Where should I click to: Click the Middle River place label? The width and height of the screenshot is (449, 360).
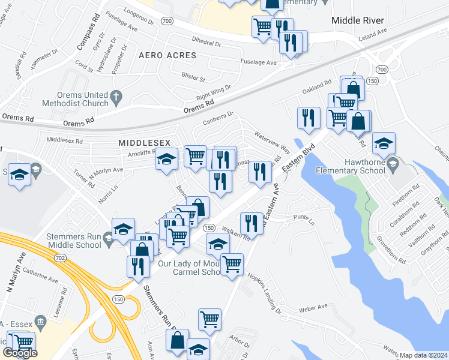[358, 20]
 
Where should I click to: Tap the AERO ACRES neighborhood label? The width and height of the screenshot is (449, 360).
[167, 55]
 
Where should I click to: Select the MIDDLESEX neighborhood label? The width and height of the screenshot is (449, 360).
[145, 142]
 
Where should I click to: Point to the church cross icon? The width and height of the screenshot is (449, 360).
[116, 95]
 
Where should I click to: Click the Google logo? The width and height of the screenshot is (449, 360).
[20, 353]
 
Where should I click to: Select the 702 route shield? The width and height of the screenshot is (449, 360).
[59, 241]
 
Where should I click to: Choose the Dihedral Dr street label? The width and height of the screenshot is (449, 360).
[206, 44]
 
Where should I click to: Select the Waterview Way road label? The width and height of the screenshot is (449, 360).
[272, 142]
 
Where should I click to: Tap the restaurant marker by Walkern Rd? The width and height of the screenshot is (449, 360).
[252, 223]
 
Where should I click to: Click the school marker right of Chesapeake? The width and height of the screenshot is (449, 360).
[384, 143]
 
